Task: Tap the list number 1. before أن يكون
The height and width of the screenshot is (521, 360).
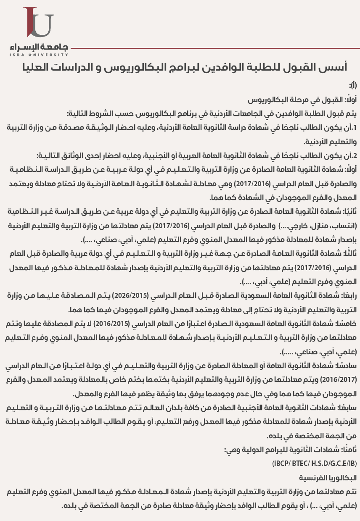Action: (355, 127)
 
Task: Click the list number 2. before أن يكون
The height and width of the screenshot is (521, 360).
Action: (355, 155)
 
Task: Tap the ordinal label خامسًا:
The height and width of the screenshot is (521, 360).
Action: (347, 323)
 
